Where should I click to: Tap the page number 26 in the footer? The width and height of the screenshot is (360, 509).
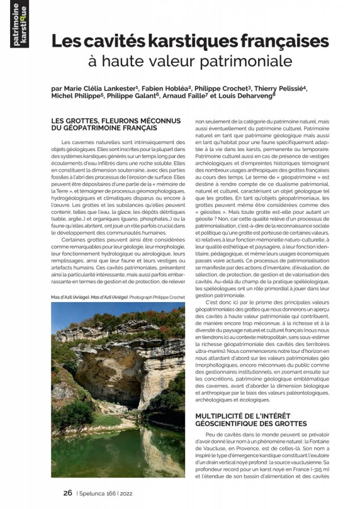click(67, 493)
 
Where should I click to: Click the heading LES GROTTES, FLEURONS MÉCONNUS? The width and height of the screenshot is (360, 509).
click(115, 121)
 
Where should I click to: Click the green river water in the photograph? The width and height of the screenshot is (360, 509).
click(113, 452)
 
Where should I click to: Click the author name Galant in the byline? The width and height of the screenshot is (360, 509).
click(144, 97)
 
